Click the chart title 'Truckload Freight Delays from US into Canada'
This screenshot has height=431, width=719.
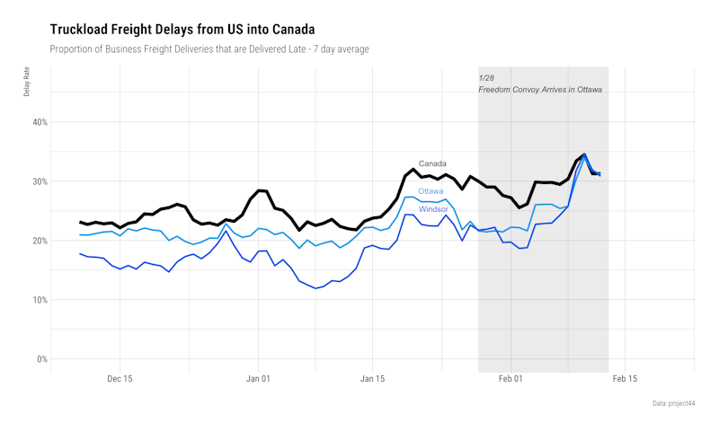click(x=182, y=30)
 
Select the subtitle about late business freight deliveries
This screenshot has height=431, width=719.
click(x=209, y=48)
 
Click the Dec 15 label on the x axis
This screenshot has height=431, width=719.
click(x=120, y=379)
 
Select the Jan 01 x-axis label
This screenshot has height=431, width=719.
click(x=259, y=379)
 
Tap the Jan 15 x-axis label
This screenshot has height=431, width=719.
click(x=373, y=379)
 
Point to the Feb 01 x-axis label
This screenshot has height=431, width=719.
click(x=511, y=379)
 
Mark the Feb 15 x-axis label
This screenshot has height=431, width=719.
click(x=626, y=379)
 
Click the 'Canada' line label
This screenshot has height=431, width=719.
click(x=432, y=163)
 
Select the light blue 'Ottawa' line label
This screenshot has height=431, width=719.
click(x=431, y=191)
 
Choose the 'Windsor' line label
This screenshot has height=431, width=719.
click(x=433, y=209)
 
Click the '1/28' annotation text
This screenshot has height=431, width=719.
click(x=486, y=78)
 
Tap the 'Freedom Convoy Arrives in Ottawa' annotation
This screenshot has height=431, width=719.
click(x=540, y=90)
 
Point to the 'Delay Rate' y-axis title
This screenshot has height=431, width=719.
click(x=27, y=84)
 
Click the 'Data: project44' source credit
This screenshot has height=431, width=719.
click(x=674, y=403)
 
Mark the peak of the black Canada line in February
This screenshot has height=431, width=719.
click(x=584, y=154)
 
